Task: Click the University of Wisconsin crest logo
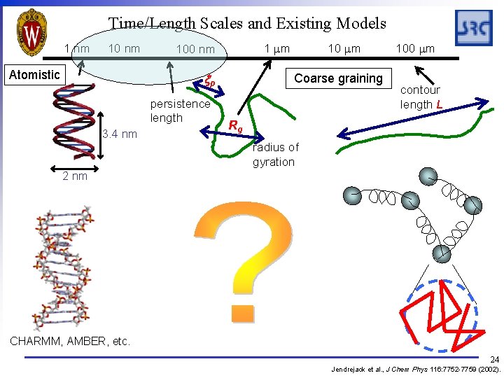pyautogui.click(x=31, y=31)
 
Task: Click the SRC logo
pyautogui.click(x=474, y=29)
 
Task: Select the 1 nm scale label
pyautogui.click(x=77, y=49)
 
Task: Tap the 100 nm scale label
pyautogui.click(x=195, y=49)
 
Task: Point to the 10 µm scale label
pyautogui.click(x=344, y=48)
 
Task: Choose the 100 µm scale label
pyautogui.click(x=415, y=48)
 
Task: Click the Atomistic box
pyautogui.click(x=34, y=74)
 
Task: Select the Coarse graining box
pyautogui.click(x=338, y=78)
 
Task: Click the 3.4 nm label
pyautogui.click(x=120, y=134)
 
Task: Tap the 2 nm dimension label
pyautogui.click(x=75, y=176)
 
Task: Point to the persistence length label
pyautogui.click(x=180, y=111)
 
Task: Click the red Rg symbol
pyautogui.click(x=236, y=127)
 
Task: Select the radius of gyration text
pyautogui.click(x=275, y=155)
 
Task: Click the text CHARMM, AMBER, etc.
pyautogui.click(x=69, y=342)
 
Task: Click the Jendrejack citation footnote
pyautogui.click(x=416, y=368)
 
